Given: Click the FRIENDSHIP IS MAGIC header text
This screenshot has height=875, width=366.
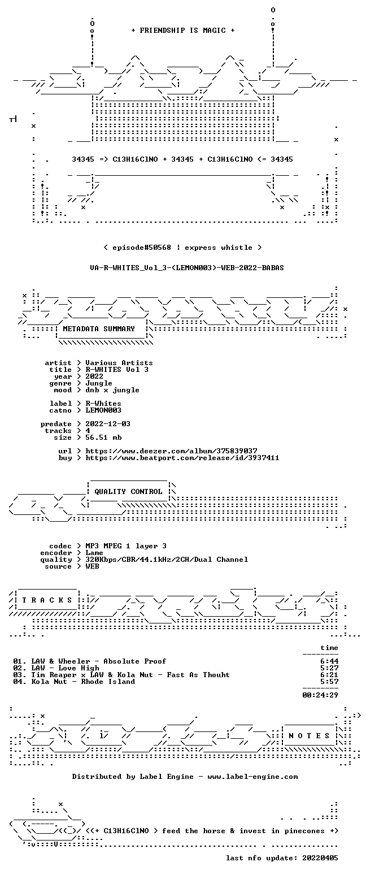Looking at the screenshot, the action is [183, 31].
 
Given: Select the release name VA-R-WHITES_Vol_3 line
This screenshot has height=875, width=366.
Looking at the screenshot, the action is [187, 268].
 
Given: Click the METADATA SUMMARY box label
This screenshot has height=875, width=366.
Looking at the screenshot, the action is [99, 329].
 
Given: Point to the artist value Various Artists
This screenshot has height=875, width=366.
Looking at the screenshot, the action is [119, 363].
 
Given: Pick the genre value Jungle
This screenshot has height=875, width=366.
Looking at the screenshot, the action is [99, 383].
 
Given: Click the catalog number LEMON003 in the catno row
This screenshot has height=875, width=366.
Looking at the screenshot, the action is [103, 410].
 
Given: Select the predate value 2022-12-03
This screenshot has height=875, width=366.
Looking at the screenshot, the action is [108, 424].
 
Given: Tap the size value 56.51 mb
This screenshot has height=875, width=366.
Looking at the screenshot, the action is [103, 438].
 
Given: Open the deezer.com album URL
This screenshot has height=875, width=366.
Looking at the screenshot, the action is [171, 451].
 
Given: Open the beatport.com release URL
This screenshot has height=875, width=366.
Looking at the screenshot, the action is [182, 458].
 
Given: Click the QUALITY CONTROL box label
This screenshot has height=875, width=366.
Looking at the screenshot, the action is [128, 492].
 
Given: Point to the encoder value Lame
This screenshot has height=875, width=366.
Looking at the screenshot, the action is [94, 553].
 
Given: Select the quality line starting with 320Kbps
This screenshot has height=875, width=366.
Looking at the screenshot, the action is [167, 560].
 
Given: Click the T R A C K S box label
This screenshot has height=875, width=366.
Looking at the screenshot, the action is [47, 600].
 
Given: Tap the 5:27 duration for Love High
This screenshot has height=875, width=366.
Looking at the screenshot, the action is [329, 668].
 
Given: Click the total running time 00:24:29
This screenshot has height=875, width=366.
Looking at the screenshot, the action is [320, 695].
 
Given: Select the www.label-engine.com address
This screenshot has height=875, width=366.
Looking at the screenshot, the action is [252, 777].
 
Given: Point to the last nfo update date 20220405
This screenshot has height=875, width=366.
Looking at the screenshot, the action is [320, 858].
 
